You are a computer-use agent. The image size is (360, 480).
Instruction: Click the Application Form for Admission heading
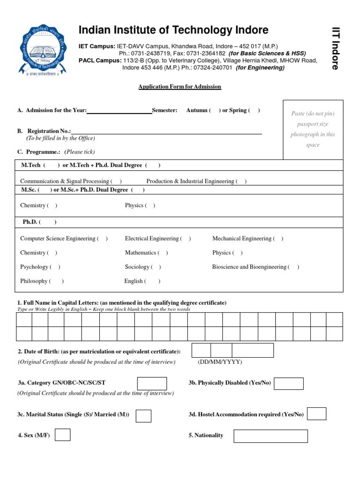tap(180, 87)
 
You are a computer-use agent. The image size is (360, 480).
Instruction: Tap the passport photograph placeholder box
tap(313, 129)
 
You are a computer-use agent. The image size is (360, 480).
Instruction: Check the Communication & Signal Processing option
tap(117, 181)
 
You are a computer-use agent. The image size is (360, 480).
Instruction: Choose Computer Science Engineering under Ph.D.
tap(102, 239)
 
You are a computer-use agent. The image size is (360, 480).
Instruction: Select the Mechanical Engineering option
tap(278, 239)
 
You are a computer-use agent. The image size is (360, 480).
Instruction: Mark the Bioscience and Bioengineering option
tap(294, 267)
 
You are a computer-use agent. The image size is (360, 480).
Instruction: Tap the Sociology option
tap(156, 267)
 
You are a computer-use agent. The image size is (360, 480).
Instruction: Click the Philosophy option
tap(56, 281)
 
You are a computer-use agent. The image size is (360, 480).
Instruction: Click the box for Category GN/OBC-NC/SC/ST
tap(151, 383)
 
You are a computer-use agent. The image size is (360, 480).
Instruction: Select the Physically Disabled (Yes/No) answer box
tap(288, 383)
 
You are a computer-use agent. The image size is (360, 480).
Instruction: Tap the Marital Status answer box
tap(143, 416)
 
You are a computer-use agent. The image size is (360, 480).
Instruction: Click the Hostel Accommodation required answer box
tap(316, 414)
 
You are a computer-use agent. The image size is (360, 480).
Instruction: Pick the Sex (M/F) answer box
tap(62, 435)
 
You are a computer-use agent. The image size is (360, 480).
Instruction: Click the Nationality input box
tap(270, 436)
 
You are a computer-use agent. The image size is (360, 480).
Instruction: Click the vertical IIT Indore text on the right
tap(335, 49)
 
